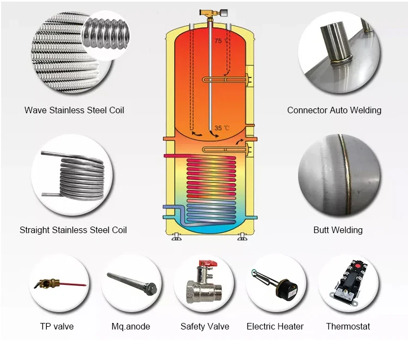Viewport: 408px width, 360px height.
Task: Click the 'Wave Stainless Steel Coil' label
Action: [x=74, y=110]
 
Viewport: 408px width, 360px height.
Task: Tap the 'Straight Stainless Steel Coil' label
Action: [x=73, y=230]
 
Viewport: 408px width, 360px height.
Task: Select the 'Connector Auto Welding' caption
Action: [x=334, y=110]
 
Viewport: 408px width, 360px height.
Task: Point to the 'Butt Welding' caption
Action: [x=338, y=230]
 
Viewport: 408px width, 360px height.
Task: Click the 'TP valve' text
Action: [x=57, y=326]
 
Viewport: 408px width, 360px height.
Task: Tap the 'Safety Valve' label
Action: [x=205, y=326]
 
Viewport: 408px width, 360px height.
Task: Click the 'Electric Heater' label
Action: [x=275, y=326]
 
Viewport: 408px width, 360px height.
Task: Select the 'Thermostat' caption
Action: [x=348, y=326]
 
